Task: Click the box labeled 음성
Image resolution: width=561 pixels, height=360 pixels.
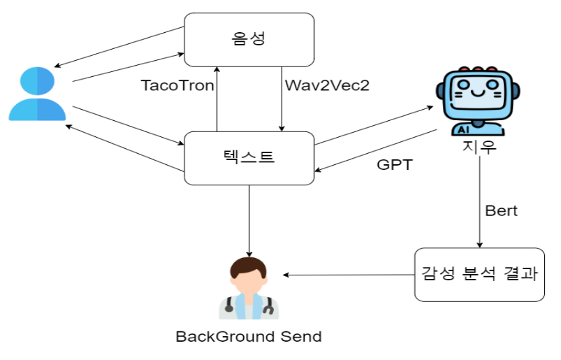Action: [248, 38]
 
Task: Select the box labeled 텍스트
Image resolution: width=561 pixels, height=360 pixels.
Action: [248, 158]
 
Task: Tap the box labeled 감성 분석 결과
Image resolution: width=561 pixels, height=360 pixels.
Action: [479, 274]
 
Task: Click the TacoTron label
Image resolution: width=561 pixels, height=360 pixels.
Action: [177, 85]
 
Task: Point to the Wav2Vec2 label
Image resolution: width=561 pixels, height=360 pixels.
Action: [327, 85]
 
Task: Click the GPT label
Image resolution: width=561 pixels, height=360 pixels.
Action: [394, 166]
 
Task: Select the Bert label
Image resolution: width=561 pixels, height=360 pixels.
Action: [501, 210]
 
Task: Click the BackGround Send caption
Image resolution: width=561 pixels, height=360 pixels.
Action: [248, 336]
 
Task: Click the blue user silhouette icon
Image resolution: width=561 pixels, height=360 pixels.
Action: [37, 94]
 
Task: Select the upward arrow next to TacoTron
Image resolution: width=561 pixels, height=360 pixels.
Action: [217, 98]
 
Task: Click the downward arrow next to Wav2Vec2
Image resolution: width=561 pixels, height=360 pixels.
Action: [281, 98]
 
